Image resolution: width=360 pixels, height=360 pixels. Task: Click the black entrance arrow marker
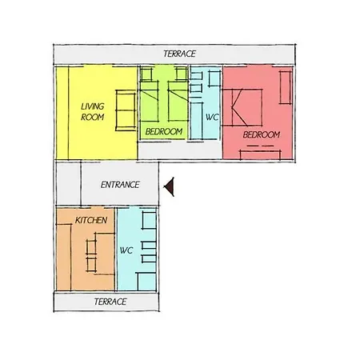pos(170,186)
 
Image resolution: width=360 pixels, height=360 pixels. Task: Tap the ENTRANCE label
pos(120,185)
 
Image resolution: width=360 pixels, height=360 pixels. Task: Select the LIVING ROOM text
pos(93,112)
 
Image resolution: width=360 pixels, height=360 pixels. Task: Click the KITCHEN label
pos(91,220)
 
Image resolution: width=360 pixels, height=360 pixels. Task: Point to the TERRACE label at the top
pos(179,54)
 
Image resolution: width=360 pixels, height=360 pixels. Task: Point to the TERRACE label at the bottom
pos(110,302)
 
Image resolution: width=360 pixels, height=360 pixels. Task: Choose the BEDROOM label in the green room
pos(164,131)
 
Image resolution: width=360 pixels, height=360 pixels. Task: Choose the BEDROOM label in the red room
pos(262,134)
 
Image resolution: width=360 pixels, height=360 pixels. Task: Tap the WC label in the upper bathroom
pos(212,117)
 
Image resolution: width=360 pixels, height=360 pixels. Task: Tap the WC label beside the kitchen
pos(126,250)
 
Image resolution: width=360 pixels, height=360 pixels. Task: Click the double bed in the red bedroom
pos(242,107)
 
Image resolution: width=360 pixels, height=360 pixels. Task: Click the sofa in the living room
pos(126,110)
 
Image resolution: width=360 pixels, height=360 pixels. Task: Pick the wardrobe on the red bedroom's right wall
pos(286,87)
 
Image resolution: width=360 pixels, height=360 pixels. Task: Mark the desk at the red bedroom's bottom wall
pos(260,155)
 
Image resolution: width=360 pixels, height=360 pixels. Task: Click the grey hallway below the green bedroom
pos(180,150)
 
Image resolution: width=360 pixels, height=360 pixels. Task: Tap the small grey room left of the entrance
pos(69,184)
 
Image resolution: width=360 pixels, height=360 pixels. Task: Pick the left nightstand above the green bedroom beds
pos(146,74)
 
